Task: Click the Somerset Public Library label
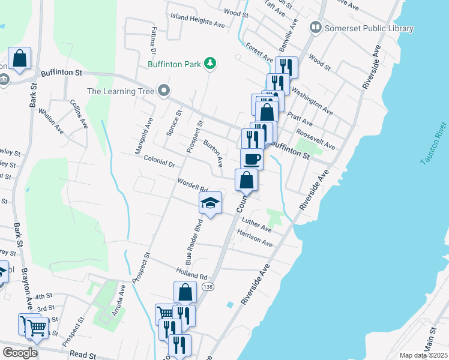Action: point(369,28)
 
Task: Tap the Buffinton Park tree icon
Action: point(209,63)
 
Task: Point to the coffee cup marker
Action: point(252,159)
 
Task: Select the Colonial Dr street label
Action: point(159,162)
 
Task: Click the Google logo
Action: point(20,353)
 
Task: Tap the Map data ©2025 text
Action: point(423,355)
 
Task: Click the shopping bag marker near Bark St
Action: point(19,59)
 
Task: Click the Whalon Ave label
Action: point(51,120)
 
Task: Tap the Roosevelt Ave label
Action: point(315,140)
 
